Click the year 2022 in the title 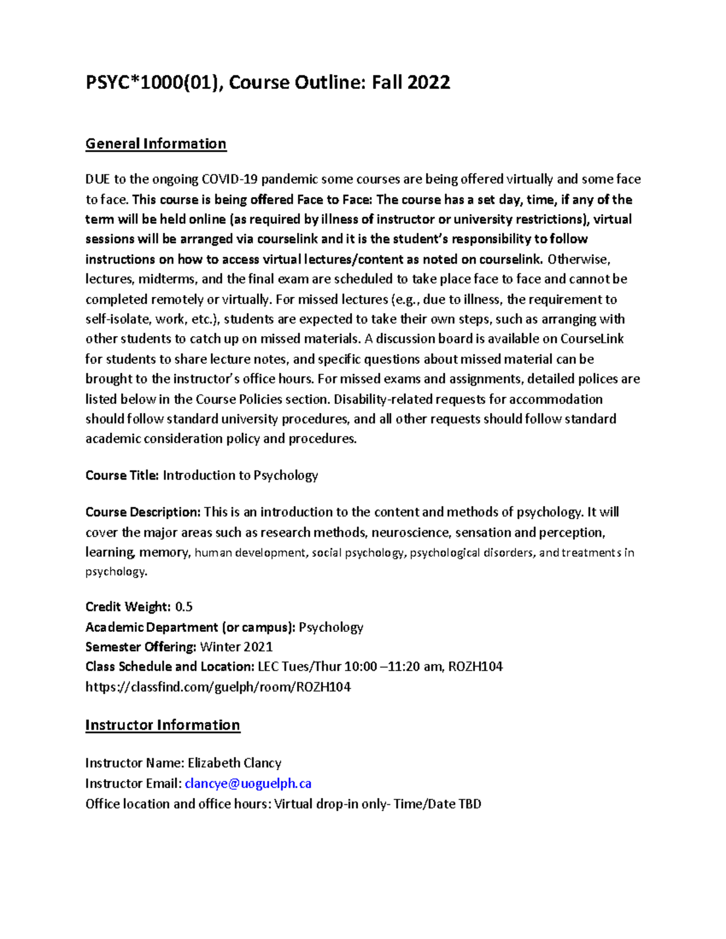click(428, 82)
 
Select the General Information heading click(155, 144)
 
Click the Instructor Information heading click(162, 725)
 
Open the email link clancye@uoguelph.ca click(248, 784)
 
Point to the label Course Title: click(122, 475)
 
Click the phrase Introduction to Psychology click(240, 475)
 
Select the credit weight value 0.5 click(183, 606)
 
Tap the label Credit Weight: click(128, 606)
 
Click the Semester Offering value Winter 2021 click(236, 647)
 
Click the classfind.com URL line click(218, 687)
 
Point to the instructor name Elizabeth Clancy click(234, 763)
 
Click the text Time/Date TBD click(437, 804)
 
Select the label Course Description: click(143, 513)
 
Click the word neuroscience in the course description click(410, 533)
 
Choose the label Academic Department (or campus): click(191, 627)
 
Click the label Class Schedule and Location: click(169, 667)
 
